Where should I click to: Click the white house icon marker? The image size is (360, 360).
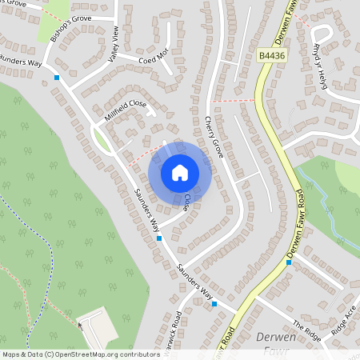coord(180,172)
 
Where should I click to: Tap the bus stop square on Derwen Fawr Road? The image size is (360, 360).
coord(289,262)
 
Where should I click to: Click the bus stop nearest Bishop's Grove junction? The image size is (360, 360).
coord(57,78)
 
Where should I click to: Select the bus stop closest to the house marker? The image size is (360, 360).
coord(159,238)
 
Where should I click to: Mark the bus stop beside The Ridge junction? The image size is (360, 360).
coord(214,304)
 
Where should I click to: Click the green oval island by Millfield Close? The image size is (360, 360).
coord(102,141)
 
